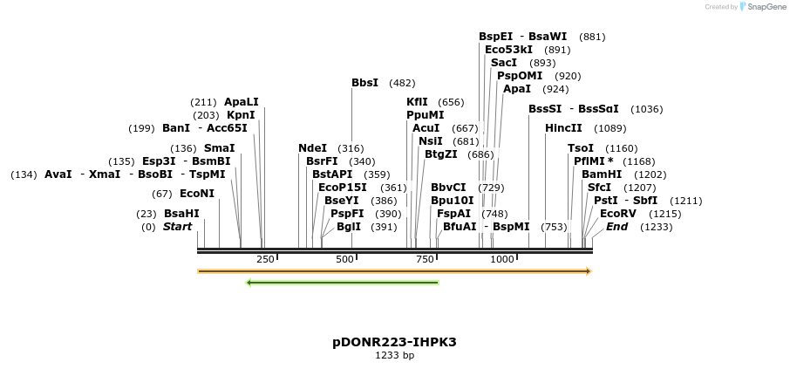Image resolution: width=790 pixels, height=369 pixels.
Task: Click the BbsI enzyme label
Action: click(x=364, y=83)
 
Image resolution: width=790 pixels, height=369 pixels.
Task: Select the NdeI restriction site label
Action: click(x=312, y=148)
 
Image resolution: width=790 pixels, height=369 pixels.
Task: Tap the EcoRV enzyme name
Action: click(x=616, y=214)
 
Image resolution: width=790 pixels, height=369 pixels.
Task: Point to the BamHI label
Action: click(x=602, y=174)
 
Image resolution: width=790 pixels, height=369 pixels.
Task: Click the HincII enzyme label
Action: click(x=563, y=128)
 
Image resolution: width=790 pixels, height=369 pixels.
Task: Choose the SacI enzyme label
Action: click(x=504, y=63)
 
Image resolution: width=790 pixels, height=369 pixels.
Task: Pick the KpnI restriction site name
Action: click(x=241, y=115)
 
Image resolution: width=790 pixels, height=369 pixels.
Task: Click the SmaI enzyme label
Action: click(x=219, y=148)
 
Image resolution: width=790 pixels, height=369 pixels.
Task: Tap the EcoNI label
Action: click(x=196, y=194)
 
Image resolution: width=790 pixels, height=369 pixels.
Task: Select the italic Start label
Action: click(x=177, y=227)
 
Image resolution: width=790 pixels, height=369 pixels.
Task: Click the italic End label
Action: click(x=616, y=227)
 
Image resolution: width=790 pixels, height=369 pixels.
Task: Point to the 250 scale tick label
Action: click(x=265, y=259)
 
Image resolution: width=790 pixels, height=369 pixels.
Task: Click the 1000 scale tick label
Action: click(x=502, y=259)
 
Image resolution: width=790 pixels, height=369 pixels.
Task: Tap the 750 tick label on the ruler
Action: click(x=424, y=259)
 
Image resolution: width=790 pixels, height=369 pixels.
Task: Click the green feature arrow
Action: click(x=343, y=283)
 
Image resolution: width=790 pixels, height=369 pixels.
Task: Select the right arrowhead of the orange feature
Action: click(x=589, y=271)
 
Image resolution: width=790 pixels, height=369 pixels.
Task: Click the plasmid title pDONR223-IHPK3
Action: click(x=394, y=342)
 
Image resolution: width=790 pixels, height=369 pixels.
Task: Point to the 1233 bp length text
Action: click(x=394, y=356)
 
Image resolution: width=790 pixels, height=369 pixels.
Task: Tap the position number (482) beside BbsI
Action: click(x=402, y=83)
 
